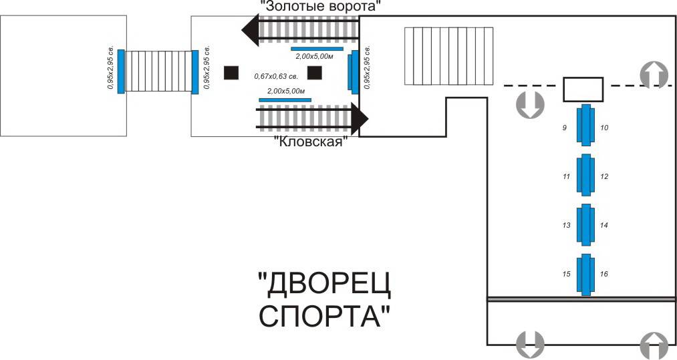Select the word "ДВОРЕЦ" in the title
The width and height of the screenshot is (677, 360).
[325, 285]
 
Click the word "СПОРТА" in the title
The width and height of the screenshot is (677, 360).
[319, 315]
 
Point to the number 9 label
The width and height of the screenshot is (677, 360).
[565, 127]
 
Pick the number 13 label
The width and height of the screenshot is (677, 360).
[566, 226]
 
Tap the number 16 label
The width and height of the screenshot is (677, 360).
[603, 275]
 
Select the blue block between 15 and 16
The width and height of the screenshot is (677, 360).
[585, 275]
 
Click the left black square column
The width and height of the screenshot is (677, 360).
[232, 72]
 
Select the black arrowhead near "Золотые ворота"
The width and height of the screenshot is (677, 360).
[251, 30]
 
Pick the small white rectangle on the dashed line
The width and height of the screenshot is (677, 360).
[583, 89]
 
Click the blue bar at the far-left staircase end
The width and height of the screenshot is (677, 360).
[121, 71]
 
